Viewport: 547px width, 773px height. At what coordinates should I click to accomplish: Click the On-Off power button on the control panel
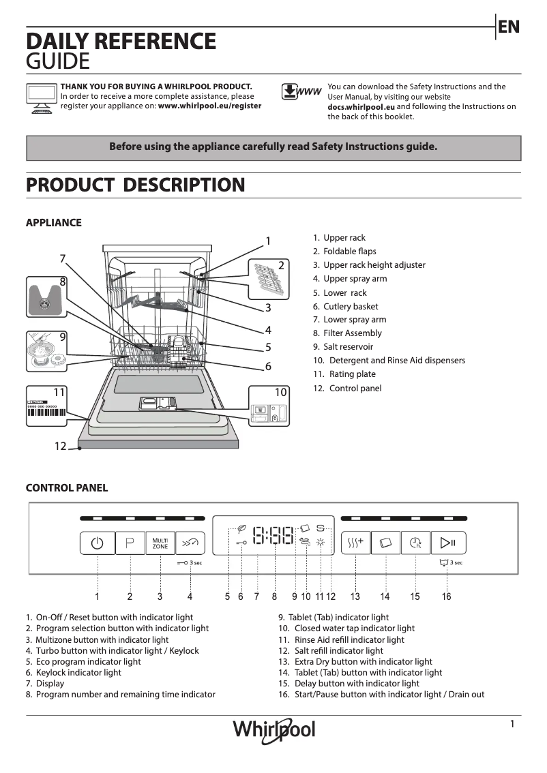click(98, 543)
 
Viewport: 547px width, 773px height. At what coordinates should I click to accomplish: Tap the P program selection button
click(130, 543)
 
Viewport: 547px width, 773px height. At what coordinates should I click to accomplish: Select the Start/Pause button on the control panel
click(447, 543)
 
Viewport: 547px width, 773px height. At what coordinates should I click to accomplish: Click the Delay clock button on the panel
click(416, 543)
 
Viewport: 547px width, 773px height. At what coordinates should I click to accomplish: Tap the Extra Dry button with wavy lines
click(355, 543)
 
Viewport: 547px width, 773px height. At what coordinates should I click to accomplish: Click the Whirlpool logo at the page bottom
click(274, 731)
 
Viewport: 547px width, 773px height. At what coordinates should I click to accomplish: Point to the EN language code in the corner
click(509, 27)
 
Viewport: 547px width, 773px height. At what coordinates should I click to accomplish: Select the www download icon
click(301, 92)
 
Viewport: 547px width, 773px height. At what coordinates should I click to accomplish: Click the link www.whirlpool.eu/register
click(209, 106)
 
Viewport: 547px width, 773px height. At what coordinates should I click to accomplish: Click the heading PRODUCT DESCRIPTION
click(135, 185)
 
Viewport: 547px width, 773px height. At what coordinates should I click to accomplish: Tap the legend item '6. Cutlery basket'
click(346, 307)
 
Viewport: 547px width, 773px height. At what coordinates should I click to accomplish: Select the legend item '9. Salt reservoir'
click(343, 347)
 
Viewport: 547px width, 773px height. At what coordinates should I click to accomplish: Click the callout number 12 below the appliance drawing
click(61, 446)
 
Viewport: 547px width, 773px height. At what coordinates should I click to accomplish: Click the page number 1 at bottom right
click(512, 725)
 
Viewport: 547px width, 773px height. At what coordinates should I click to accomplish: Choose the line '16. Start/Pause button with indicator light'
click(381, 695)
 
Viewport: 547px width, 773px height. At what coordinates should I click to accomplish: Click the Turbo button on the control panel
click(190, 543)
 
